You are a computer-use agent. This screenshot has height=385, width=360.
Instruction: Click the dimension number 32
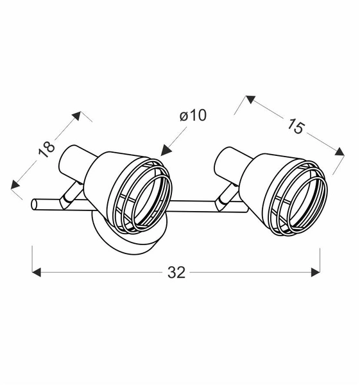(x=176, y=273)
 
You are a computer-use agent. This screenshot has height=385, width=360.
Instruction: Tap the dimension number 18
(x=46, y=150)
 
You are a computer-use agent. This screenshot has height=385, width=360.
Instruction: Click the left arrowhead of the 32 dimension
(x=37, y=273)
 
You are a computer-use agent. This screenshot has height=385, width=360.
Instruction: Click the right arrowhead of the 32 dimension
(x=315, y=273)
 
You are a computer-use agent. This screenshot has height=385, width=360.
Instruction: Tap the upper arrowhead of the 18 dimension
(x=77, y=116)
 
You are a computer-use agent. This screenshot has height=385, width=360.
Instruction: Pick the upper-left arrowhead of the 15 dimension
(x=249, y=100)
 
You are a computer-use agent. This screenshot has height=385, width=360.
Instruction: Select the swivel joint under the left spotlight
(x=69, y=198)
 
